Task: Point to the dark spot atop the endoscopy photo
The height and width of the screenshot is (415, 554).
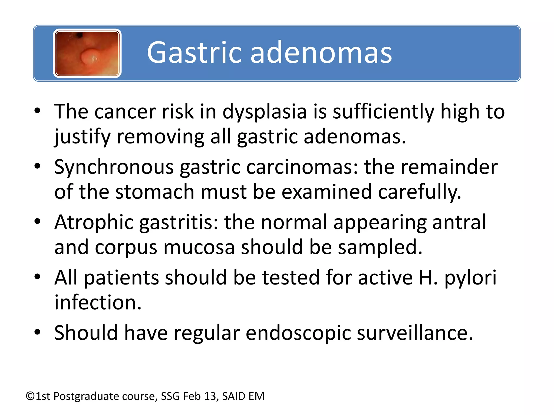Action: point(79,35)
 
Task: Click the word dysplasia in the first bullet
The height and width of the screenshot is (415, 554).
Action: point(264,112)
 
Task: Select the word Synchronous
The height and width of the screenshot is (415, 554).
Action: point(114,167)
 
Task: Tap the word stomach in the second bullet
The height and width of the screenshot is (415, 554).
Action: point(155,192)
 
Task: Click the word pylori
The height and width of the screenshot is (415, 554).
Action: point(470,278)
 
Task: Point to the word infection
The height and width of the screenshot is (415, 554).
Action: point(98,302)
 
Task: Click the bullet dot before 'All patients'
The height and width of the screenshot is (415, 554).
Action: point(37,277)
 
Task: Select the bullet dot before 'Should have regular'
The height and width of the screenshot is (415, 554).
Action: point(37,332)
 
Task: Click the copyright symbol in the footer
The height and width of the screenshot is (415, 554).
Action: point(30,396)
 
